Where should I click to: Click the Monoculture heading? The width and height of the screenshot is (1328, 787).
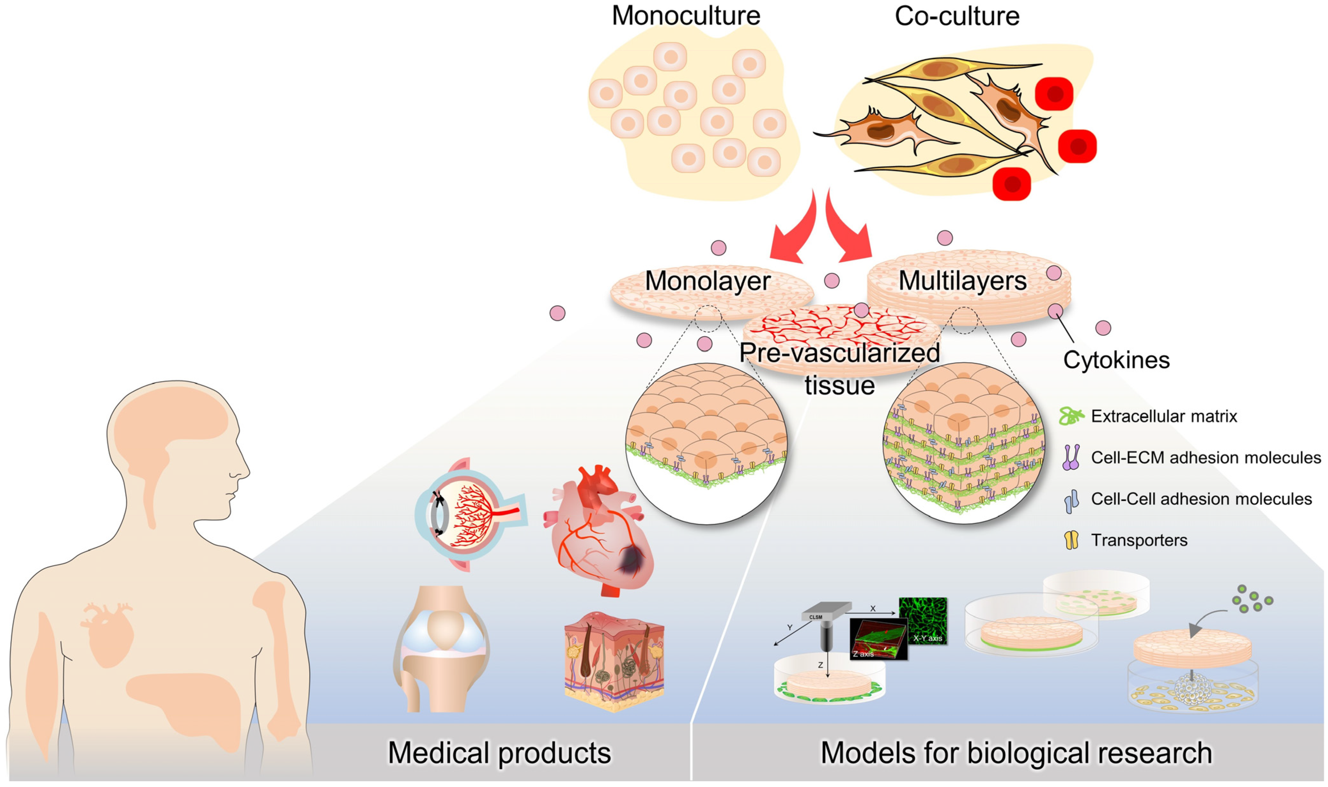click(686, 16)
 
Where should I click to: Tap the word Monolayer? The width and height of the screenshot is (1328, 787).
click(707, 281)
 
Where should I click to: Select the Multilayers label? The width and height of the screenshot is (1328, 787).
click(962, 281)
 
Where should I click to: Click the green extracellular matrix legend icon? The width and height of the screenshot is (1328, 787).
click(1071, 416)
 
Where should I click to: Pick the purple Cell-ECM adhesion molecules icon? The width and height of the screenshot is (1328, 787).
click(1071, 457)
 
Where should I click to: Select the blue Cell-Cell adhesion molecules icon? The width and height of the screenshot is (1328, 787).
click(1071, 500)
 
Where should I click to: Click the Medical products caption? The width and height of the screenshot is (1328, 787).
click(499, 753)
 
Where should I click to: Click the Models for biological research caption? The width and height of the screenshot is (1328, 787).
click(1016, 753)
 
